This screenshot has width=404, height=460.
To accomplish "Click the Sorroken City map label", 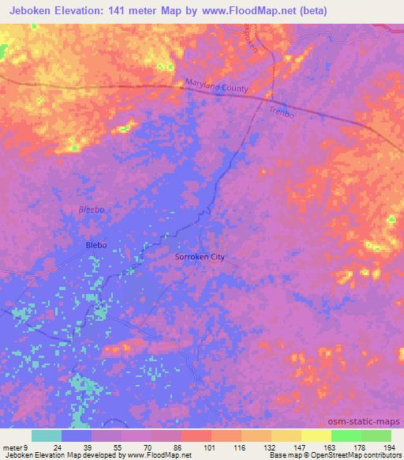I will (x=199, y=257).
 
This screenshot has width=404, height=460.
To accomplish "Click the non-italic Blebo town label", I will (x=95, y=246).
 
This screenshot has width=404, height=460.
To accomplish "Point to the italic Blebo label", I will (x=91, y=209).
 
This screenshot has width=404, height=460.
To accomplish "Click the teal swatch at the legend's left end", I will (x=47, y=435).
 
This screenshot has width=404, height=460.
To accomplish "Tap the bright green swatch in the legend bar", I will (x=346, y=435).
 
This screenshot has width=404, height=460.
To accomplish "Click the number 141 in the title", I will (x=119, y=11).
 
